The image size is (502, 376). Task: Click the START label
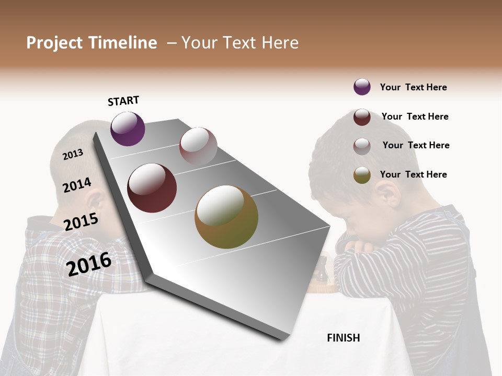[123, 101]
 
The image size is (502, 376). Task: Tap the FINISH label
[344, 338]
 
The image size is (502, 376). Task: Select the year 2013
[73, 155]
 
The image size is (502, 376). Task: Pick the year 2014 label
[77, 185]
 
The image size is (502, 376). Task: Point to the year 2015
[81, 222]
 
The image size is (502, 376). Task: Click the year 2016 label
[89, 264]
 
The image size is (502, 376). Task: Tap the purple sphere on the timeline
[128, 128]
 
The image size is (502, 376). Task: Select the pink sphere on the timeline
[198, 146]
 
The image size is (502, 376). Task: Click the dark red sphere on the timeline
[152, 188]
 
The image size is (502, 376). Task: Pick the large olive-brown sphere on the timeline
[226, 217]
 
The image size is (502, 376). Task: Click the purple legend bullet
[362, 87]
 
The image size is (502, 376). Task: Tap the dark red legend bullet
[362, 117]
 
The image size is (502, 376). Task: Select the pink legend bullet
[362, 146]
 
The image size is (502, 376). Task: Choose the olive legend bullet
[362, 175]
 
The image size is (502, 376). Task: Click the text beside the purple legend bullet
[414, 87]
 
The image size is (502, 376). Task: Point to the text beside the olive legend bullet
[414, 174]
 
